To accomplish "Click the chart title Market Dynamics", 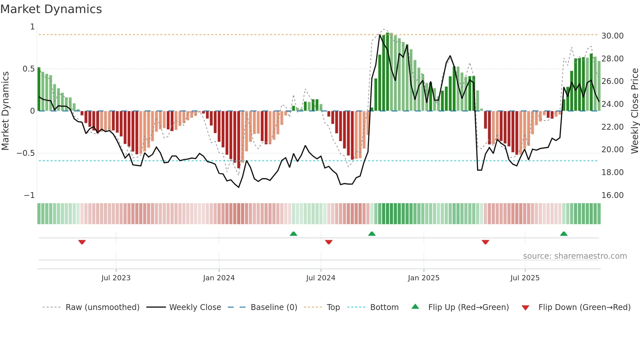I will (x=51, y=9).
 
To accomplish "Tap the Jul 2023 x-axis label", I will (x=116, y=278).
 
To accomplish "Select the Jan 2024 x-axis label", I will (x=219, y=278).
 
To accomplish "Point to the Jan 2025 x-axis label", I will (x=424, y=278).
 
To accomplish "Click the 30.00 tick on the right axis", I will (x=612, y=36).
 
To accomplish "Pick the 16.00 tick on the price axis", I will (x=612, y=195).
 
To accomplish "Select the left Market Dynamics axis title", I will (x=5, y=111).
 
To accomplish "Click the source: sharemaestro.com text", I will (x=575, y=256).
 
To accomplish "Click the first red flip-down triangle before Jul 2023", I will (x=82, y=242).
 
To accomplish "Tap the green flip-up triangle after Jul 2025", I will (x=564, y=234).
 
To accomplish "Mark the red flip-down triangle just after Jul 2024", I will (x=329, y=242).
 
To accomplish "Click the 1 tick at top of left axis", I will (x=32, y=27).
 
